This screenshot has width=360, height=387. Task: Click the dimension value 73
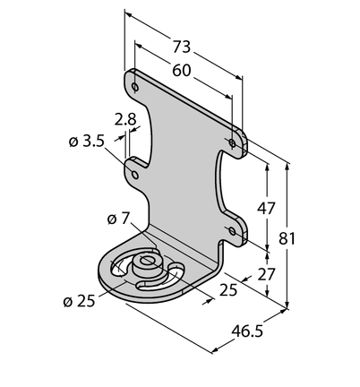click(182, 47)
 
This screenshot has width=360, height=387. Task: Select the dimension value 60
click(182, 71)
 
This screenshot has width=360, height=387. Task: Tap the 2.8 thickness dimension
click(125, 119)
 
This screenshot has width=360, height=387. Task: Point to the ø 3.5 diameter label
click(87, 142)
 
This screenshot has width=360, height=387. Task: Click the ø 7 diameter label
click(117, 219)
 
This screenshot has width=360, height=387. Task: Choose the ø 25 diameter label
click(79, 301)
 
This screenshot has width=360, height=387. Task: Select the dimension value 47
click(266, 208)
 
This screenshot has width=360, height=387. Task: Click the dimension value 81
click(287, 238)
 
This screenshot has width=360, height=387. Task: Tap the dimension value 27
click(266, 274)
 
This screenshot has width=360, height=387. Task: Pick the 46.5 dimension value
click(247, 331)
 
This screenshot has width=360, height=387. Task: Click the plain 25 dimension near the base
click(228, 290)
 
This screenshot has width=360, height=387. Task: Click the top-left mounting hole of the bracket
click(135, 87)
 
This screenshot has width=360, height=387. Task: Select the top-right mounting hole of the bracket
click(232, 143)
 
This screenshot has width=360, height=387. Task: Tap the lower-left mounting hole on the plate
click(135, 174)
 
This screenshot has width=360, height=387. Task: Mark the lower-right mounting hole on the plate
click(232, 231)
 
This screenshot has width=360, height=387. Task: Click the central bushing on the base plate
click(147, 264)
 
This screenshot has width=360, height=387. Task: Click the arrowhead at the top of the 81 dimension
click(287, 167)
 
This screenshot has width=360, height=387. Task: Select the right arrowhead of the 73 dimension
click(238, 77)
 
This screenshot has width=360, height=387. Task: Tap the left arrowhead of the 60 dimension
click(138, 45)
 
